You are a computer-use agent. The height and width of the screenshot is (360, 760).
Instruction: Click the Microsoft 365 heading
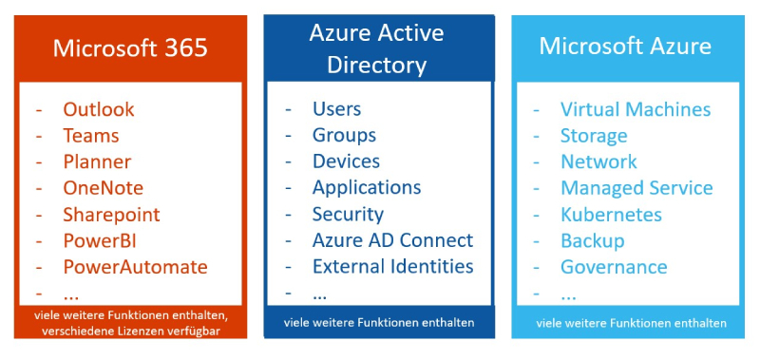[130, 47]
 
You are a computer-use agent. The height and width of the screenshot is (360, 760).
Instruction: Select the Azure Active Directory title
[376, 49]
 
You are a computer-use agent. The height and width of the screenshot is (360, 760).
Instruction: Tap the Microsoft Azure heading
[625, 47]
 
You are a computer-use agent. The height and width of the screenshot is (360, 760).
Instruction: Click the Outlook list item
[99, 109]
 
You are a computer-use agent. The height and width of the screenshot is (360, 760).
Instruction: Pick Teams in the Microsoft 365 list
[90, 136]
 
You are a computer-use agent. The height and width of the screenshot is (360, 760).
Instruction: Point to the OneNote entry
[104, 188]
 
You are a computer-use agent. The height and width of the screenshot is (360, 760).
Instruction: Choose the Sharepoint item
[111, 215]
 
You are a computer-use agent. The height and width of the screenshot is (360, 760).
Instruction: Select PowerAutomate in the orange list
[135, 267]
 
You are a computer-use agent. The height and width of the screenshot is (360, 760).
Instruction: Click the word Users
[337, 109]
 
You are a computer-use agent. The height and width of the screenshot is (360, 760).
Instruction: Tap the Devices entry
[346, 161]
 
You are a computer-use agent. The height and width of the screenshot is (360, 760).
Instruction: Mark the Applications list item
[367, 188]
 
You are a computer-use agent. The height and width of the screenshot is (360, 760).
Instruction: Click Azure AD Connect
[392, 240]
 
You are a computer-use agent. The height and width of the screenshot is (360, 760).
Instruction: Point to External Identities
[392, 267]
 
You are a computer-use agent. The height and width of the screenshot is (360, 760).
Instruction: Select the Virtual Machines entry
[636, 109]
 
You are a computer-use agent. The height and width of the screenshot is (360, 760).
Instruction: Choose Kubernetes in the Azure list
[611, 215]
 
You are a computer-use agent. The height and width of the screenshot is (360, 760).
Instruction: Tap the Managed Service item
[636, 188]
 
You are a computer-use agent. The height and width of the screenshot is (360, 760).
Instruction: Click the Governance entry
[614, 267]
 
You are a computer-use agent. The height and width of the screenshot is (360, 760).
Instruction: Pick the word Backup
[593, 241]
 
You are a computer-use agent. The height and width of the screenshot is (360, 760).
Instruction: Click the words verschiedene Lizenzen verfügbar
[131, 332]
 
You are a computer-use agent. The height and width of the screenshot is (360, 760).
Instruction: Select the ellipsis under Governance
[568, 296]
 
